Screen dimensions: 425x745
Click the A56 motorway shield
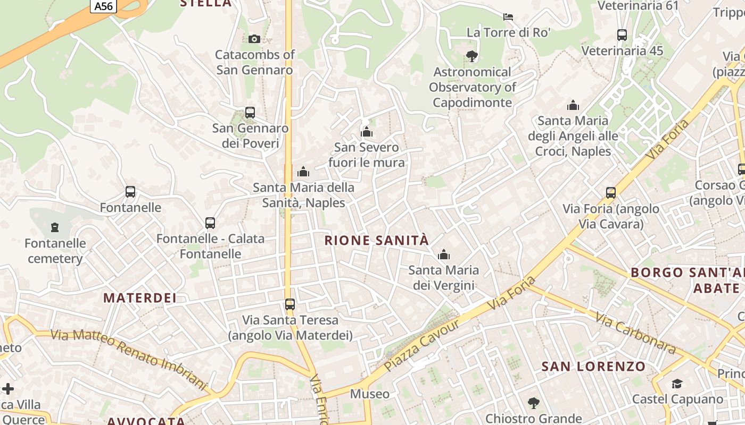tap(103, 6)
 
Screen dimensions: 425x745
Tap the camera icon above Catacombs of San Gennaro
tap(254, 39)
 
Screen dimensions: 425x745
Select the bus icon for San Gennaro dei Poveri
tap(250, 113)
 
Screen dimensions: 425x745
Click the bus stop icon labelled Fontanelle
tap(130, 192)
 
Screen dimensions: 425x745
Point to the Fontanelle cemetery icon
tap(55, 228)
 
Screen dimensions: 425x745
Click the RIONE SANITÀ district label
tap(377, 241)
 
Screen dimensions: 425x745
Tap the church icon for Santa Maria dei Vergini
tap(443, 255)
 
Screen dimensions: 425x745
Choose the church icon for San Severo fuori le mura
tap(367, 132)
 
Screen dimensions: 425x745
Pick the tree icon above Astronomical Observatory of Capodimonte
tap(471, 56)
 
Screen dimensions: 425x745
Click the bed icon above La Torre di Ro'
tap(508, 17)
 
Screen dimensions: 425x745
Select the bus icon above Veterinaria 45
tap(622, 36)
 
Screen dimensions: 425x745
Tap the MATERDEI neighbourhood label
tap(140, 298)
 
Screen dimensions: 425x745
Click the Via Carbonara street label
tap(635, 334)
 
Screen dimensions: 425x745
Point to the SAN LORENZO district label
tap(593, 367)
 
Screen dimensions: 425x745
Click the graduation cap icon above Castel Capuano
tap(677, 384)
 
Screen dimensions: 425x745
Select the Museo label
tap(370, 394)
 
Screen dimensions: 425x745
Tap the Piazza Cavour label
tap(422, 345)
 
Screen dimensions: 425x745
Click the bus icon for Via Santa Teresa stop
tap(290, 304)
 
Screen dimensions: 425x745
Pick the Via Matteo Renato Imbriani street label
tap(128, 359)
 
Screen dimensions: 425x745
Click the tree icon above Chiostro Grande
tap(533, 403)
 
